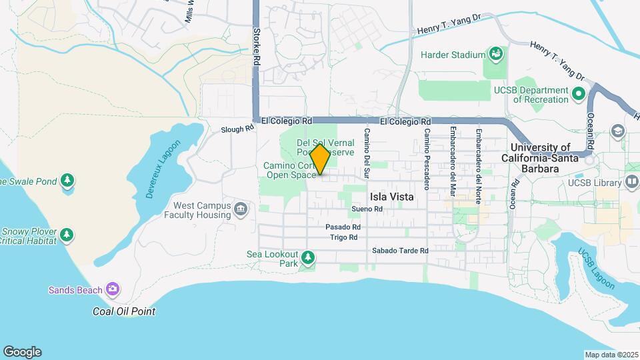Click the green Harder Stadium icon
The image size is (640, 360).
[x=495, y=52]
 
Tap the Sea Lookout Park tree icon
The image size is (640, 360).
[x=307, y=257]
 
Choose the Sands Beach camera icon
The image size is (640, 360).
[x=113, y=289]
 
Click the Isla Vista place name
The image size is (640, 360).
[x=392, y=197]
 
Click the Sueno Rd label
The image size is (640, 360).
[x=367, y=209]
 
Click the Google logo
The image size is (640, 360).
[x=22, y=352]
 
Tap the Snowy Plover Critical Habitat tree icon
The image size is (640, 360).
[x=66, y=234]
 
